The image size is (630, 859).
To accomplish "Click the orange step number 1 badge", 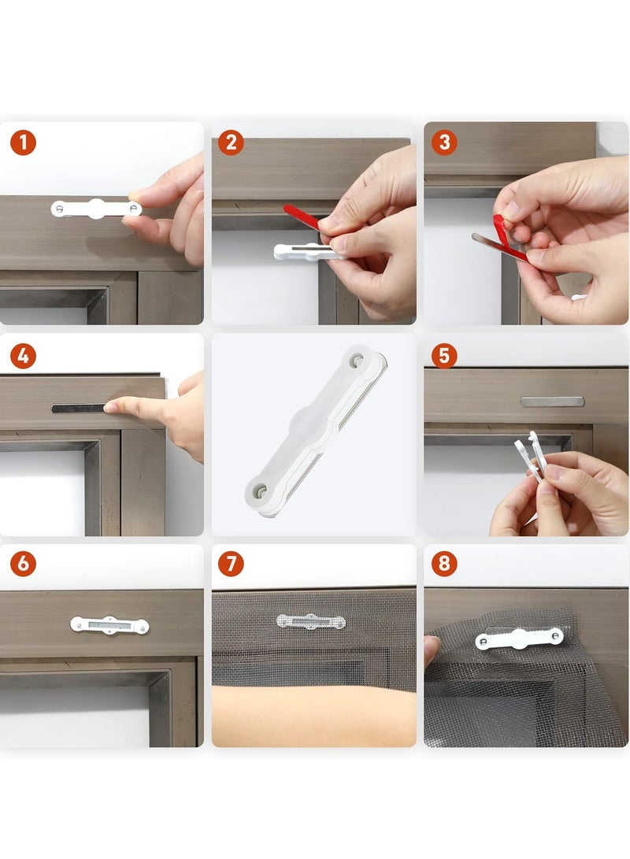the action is [x=23, y=143].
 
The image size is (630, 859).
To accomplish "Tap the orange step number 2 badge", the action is [x=231, y=143].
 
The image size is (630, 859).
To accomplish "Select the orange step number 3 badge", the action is [x=444, y=143].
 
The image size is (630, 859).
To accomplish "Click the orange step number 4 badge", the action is [x=23, y=356].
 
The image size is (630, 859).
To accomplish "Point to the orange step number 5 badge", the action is [x=444, y=356].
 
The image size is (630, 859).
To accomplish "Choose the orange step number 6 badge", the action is [x=23, y=564].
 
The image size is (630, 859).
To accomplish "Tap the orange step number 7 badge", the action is [x=231, y=564].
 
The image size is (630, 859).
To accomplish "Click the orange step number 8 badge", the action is [x=444, y=564].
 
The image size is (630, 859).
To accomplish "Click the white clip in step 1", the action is [x=96, y=209].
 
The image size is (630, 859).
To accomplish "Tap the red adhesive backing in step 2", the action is [x=302, y=217].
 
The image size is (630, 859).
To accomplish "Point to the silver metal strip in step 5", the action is [x=552, y=402].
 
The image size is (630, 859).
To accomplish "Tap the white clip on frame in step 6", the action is [x=109, y=625].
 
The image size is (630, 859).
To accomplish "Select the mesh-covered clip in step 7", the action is [x=310, y=621].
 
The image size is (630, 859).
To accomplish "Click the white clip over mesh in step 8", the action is [x=519, y=639].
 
